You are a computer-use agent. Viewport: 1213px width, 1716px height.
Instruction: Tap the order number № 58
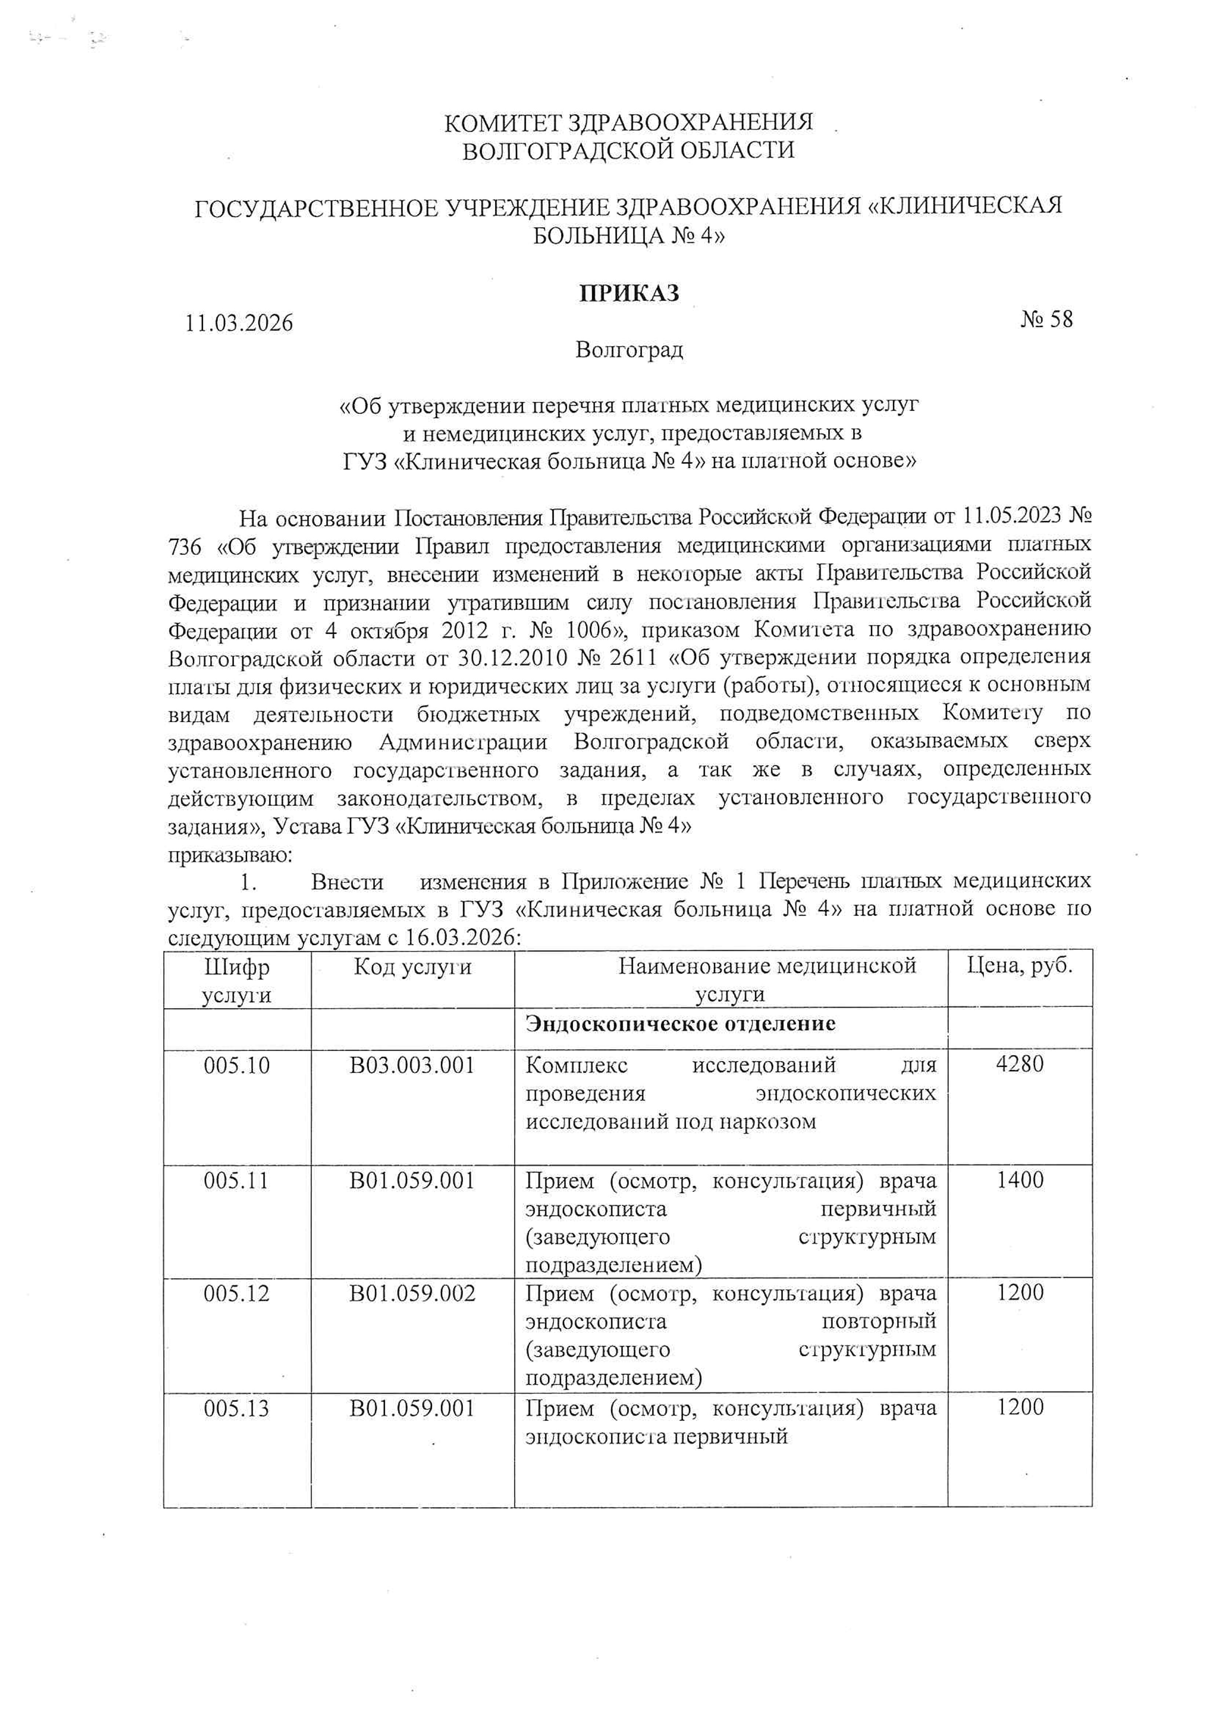(1046, 320)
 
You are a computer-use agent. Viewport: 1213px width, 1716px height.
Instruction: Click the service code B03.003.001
(412, 1065)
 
